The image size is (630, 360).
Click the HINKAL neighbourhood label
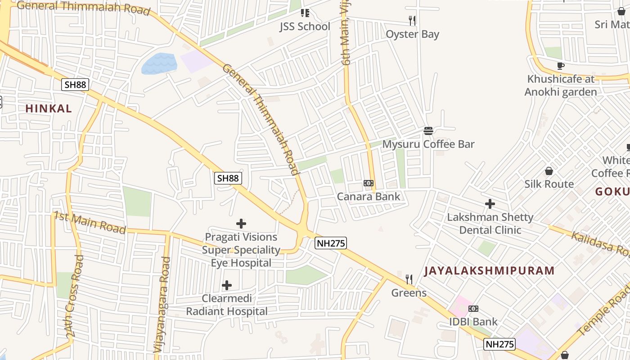[49, 108]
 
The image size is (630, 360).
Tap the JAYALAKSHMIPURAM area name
[489, 270]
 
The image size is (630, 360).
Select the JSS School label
[305, 27]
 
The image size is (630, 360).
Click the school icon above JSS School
[305, 13]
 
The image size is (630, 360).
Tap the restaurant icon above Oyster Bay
[412, 20]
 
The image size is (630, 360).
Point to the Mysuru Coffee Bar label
[428, 144]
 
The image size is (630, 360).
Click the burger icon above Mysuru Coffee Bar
[428, 131]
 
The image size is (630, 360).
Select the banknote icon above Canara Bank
[368, 183]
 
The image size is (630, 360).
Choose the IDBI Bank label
[473, 322]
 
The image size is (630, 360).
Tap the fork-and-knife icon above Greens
[409, 279]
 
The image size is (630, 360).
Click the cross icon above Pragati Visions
[241, 223]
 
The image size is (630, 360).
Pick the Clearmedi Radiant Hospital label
[227, 305]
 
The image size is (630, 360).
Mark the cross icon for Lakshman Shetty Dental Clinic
[490, 204]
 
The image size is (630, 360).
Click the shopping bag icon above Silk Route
[549, 171]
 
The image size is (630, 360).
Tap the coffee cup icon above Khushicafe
[560, 66]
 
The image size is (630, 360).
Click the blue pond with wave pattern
[159, 63]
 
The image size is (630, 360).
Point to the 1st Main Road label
[90, 222]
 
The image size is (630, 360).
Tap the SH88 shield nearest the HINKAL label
[75, 84]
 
